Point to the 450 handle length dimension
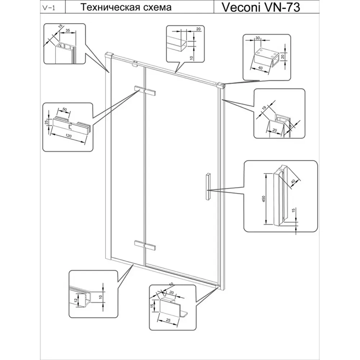pos(263,199)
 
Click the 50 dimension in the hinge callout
pos(65,109)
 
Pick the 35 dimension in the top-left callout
pos(67,31)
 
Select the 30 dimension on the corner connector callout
pos(258,38)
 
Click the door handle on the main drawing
pos(208,186)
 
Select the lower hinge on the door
pos(144,245)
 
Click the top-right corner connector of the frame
pos(221,86)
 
